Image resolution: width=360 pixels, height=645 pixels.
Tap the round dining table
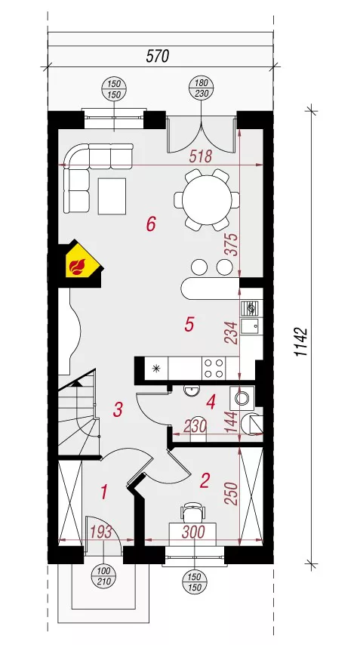[207, 200]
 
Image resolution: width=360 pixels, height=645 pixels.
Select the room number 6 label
[151, 224]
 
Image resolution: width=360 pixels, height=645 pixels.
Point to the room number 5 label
[189, 325]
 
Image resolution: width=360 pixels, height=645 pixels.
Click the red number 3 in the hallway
[118, 409]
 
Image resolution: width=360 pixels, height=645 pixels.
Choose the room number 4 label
[211, 402]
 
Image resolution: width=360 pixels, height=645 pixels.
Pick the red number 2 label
[205, 480]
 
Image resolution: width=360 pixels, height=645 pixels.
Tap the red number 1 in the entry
[105, 492]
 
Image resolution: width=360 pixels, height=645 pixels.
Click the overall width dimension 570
[158, 57]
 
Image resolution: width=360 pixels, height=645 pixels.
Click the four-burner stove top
[214, 368]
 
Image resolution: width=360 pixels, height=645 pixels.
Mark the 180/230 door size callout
[201, 89]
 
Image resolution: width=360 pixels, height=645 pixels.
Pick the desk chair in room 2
[193, 512]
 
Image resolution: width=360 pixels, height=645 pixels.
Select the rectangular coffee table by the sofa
[112, 196]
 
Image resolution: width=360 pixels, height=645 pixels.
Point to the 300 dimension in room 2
[193, 532]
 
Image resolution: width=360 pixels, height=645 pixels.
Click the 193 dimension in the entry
[100, 532]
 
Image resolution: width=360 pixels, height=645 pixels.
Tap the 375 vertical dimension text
[232, 245]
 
